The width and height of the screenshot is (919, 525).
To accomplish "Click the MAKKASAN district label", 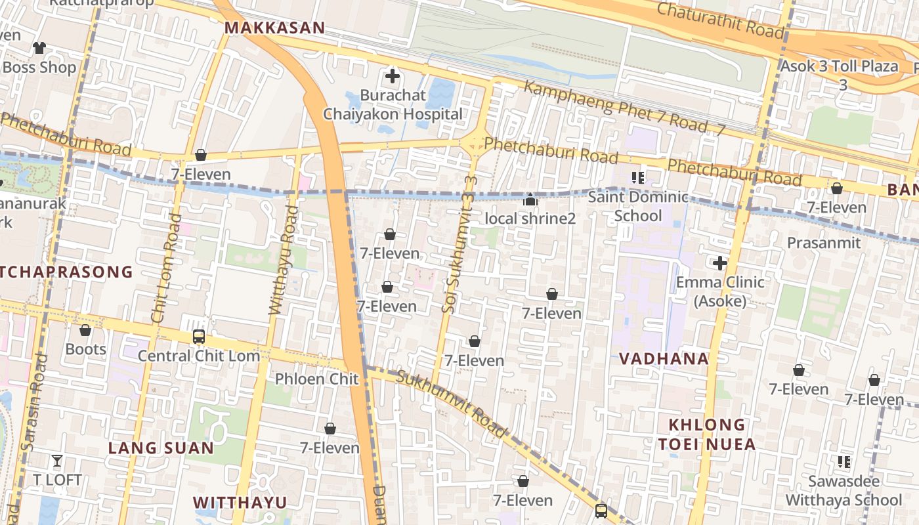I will point(274,28).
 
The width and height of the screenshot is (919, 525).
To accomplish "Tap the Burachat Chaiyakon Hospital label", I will point(393,104).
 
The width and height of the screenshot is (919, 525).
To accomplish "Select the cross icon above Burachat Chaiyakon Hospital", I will point(393,76).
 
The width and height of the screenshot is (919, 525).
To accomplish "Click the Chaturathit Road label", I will point(720,20).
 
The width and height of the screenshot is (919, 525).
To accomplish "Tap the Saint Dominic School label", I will point(638,206).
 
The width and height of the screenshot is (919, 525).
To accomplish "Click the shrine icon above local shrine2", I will point(530,199).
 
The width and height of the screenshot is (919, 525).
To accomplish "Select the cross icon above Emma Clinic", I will point(720,263).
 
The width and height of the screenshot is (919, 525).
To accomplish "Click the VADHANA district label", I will point(664,358).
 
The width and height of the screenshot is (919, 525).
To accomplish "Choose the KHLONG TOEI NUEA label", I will point(706,434).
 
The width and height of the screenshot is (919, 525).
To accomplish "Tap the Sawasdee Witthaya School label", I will point(844,490).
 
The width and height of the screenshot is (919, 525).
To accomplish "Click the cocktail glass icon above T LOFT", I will point(57,461).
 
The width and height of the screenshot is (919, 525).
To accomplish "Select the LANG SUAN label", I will point(161,448).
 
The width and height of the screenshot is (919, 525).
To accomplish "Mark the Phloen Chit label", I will point(316,379).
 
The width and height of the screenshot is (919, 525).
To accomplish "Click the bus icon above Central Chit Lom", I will point(198,337).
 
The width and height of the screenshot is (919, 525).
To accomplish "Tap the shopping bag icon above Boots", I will point(85,330).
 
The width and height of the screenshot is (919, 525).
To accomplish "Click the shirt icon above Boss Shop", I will point(39,47).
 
